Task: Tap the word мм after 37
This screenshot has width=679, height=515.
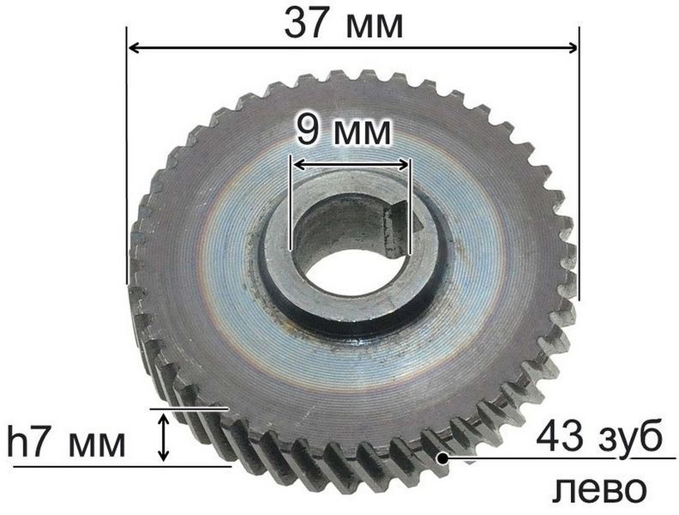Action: point(375,27)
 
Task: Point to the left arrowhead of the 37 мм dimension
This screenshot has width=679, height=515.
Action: point(135,48)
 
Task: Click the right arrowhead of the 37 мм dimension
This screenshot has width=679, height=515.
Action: point(572,47)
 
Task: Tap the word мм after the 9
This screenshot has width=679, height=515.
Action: point(362,134)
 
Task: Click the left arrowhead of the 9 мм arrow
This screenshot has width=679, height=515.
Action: point(299,164)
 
